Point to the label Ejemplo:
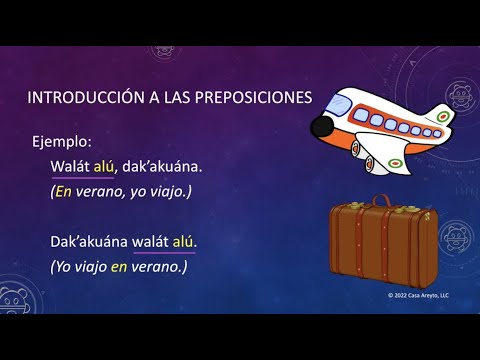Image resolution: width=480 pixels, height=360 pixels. click(x=61, y=142)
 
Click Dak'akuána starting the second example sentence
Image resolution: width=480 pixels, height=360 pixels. click(x=89, y=242)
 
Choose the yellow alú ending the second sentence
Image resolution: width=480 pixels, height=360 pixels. click(x=184, y=242)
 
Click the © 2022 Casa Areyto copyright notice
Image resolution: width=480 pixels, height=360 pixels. click(x=419, y=297)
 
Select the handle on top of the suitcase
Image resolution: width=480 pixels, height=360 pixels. click(x=384, y=201)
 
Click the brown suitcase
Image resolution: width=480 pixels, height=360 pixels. click(x=384, y=246)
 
